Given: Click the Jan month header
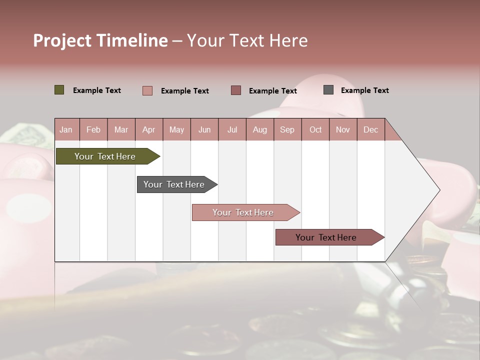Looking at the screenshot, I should coord(66,129).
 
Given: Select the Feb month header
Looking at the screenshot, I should coord(93,129).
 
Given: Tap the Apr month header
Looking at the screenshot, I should coord(148,129).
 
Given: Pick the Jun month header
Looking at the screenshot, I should coord(204,129).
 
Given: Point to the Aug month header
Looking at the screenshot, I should coord(259,129).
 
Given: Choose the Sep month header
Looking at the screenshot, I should coord(287,129).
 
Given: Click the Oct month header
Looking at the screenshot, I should coord(315,129).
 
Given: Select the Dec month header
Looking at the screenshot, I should coord(370,129).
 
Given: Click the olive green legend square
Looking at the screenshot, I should coord(59,90).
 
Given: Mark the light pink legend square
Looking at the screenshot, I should coord(147,90).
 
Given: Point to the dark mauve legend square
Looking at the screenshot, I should coord(236,90).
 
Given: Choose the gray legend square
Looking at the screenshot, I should coord(328,90).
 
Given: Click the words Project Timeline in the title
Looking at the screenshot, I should coord(100,40).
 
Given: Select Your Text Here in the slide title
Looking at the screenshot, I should coord(247,40).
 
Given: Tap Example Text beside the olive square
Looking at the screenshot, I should coord(97,90).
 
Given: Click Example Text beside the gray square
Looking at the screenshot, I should coord(365,90).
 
